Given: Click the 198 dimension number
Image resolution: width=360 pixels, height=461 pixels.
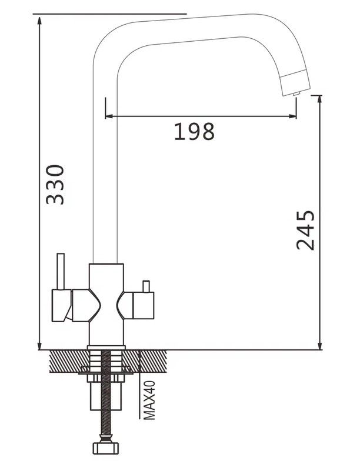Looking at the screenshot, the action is click(x=194, y=132).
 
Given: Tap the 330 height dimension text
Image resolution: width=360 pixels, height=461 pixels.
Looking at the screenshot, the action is click(x=55, y=185).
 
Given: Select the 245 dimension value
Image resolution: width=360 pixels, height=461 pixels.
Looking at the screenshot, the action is click(x=305, y=230).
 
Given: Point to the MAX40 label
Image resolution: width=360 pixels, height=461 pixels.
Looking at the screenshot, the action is click(x=149, y=400).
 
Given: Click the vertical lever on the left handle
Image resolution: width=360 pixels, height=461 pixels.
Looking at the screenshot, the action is click(x=61, y=271).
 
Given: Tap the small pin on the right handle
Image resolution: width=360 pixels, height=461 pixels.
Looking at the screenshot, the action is click(x=146, y=286).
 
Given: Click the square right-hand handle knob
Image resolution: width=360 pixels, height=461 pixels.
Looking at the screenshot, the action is click(x=143, y=306).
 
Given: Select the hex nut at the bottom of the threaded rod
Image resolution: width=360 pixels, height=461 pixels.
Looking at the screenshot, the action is click(x=106, y=448).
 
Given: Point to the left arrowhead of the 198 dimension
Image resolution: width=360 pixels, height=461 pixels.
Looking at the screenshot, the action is click(x=108, y=116).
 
